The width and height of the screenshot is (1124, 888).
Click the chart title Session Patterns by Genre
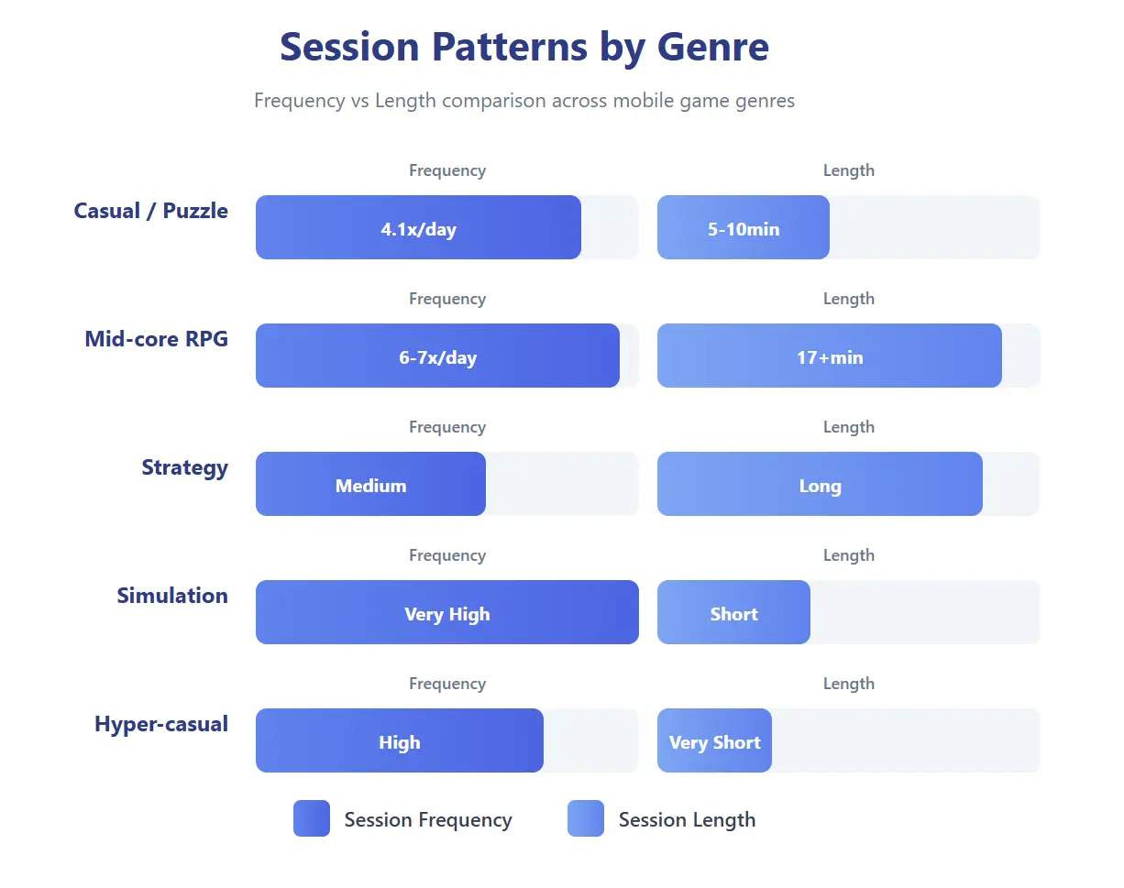coord(523,47)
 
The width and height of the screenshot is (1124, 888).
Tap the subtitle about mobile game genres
coord(523,101)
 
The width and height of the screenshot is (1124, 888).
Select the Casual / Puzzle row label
coord(150,211)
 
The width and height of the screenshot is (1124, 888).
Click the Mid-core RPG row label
coord(156,339)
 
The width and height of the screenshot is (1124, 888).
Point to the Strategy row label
coord(184,467)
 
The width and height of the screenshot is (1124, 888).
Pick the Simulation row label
coord(171,596)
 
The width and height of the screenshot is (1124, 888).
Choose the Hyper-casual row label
coord(160,724)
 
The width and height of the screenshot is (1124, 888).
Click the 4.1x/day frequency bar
coord(418,228)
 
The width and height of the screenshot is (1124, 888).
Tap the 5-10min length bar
coord(743,228)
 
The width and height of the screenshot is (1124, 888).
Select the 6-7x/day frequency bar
coord(437,356)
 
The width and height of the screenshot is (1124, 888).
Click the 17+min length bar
coord(829,356)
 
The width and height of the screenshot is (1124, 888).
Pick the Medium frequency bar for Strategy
coord(370,485)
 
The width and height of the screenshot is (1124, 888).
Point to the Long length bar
coord(820,485)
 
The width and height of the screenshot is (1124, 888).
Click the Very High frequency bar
coord(446,613)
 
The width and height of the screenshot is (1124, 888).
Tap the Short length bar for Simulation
coord(733,613)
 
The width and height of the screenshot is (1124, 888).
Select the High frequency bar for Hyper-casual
coord(399,741)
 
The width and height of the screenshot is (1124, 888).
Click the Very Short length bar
coord(714,741)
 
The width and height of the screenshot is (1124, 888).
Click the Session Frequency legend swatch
coord(311,818)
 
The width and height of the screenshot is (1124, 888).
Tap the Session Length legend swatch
coord(585,818)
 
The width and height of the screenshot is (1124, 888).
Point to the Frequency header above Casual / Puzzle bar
coord(446,170)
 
